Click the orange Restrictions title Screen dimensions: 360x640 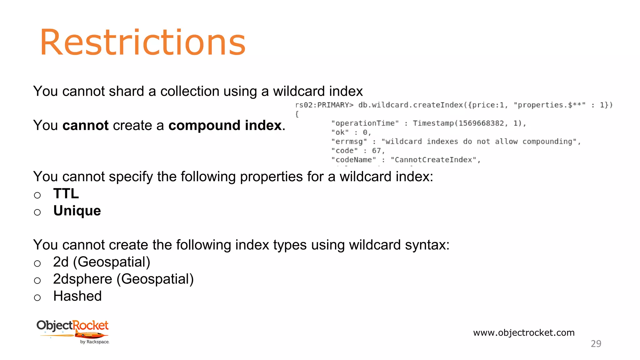(142, 42)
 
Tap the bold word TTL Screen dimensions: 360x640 (66, 194)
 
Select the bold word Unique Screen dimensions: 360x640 (77, 211)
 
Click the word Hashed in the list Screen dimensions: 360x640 (77, 296)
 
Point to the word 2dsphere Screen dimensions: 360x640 (82, 279)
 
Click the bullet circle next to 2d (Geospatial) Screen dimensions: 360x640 (37, 263)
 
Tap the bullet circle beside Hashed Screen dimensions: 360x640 (37, 297)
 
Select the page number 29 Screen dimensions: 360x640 (596, 344)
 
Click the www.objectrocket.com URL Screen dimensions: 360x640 (524, 332)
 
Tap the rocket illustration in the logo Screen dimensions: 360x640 (91, 336)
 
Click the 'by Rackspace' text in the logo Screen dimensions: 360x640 (94, 342)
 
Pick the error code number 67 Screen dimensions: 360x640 (376, 151)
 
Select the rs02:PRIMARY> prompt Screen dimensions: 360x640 (324, 105)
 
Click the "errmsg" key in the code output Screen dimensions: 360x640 (349, 142)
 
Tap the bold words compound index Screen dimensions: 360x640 (225, 126)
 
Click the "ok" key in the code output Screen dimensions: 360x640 (340, 132)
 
